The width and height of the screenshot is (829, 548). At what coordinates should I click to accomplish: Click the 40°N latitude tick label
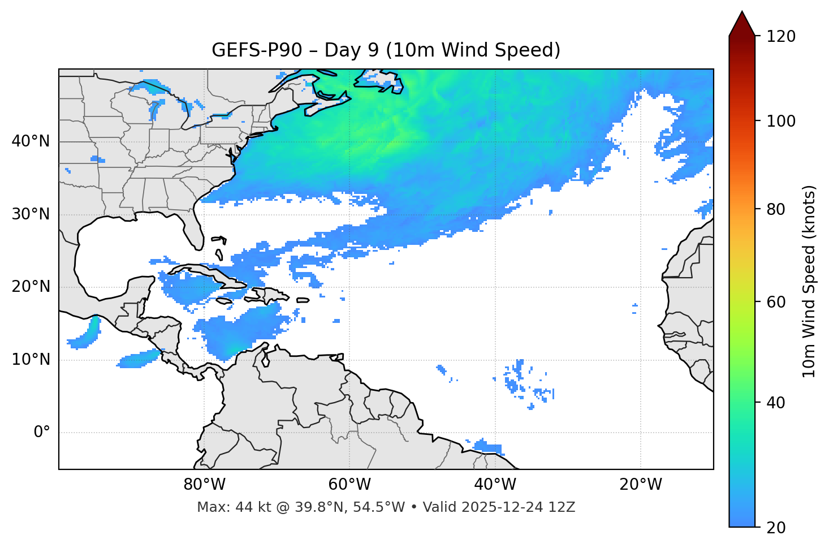(x=31, y=141)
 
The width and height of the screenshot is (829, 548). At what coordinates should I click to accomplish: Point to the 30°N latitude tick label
(x=31, y=214)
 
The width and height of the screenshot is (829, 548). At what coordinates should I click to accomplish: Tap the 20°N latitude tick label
(x=31, y=287)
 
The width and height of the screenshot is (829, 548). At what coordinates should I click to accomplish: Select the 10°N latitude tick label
(x=31, y=360)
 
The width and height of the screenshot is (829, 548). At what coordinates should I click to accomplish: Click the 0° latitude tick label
(x=42, y=433)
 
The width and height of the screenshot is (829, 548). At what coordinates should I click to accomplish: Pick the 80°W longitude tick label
(x=204, y=485)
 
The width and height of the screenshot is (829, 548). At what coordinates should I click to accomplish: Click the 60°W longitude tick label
(x=349, y=485)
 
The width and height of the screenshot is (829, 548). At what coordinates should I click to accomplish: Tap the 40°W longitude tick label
(x=495, y=485)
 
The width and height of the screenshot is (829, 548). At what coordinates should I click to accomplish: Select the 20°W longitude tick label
(x=641, y=485)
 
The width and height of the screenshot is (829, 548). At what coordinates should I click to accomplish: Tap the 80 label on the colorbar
(x=775, y=209)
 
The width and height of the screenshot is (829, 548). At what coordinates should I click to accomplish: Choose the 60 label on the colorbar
(x=775, y=302)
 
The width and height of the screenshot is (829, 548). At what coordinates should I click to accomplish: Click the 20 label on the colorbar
(x=775, y=528)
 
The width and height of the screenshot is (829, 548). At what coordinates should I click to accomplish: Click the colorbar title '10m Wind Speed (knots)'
(x=810, y=282)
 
